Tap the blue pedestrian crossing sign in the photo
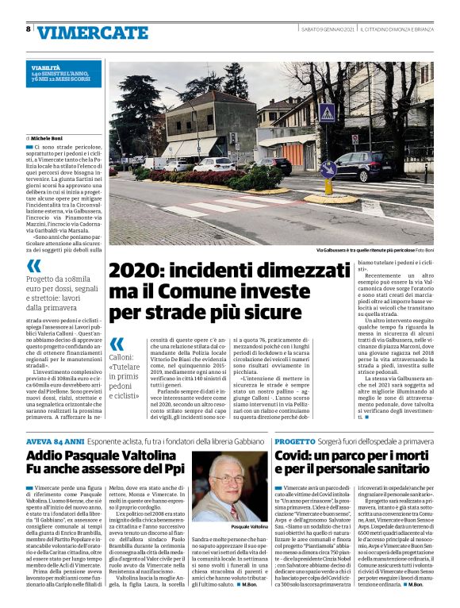326,113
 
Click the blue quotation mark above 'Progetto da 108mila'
34,266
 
